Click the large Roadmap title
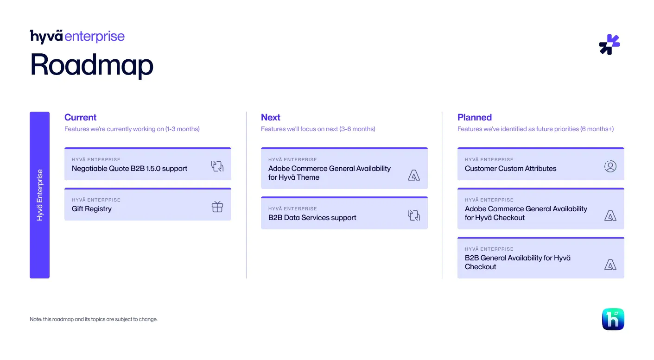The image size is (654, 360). (92, 65)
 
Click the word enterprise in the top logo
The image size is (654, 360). (94, 37)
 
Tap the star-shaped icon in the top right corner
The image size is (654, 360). (610, 44)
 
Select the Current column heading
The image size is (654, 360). (80, 117)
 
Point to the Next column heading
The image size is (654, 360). (270, 117)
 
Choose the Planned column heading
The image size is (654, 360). (475, 117)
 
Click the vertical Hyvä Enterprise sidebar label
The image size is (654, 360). (40, 195)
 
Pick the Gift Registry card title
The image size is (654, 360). (92, 209)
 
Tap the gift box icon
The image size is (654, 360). (217, 207)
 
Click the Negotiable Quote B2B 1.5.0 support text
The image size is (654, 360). (129, 169)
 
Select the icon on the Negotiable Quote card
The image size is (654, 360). (217, 166)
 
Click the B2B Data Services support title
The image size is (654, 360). (312, 218)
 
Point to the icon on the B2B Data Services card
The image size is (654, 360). (414, 215)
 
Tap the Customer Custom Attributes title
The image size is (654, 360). (510, 169)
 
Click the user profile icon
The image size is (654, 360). (610, 166)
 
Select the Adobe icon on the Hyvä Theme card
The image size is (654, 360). (414, 175)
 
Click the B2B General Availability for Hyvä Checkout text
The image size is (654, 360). (518, 262)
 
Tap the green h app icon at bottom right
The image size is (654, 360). (613, 319)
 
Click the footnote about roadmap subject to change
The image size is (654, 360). (94, 319)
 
